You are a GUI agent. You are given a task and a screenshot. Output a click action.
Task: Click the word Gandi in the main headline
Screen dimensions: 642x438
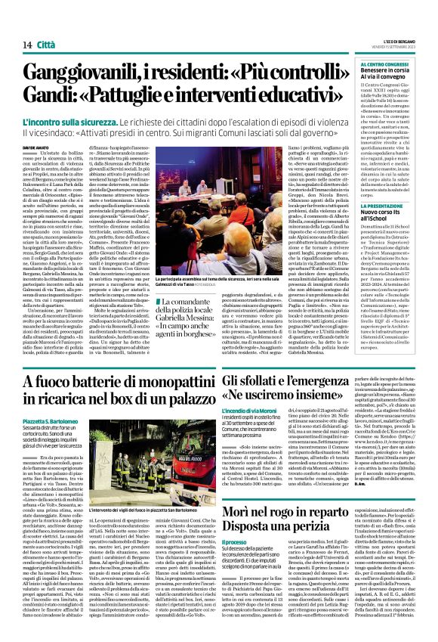[x=50, y=96]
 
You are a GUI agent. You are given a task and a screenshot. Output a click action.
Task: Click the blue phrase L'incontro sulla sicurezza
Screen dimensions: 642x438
[x=64, y=121]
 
